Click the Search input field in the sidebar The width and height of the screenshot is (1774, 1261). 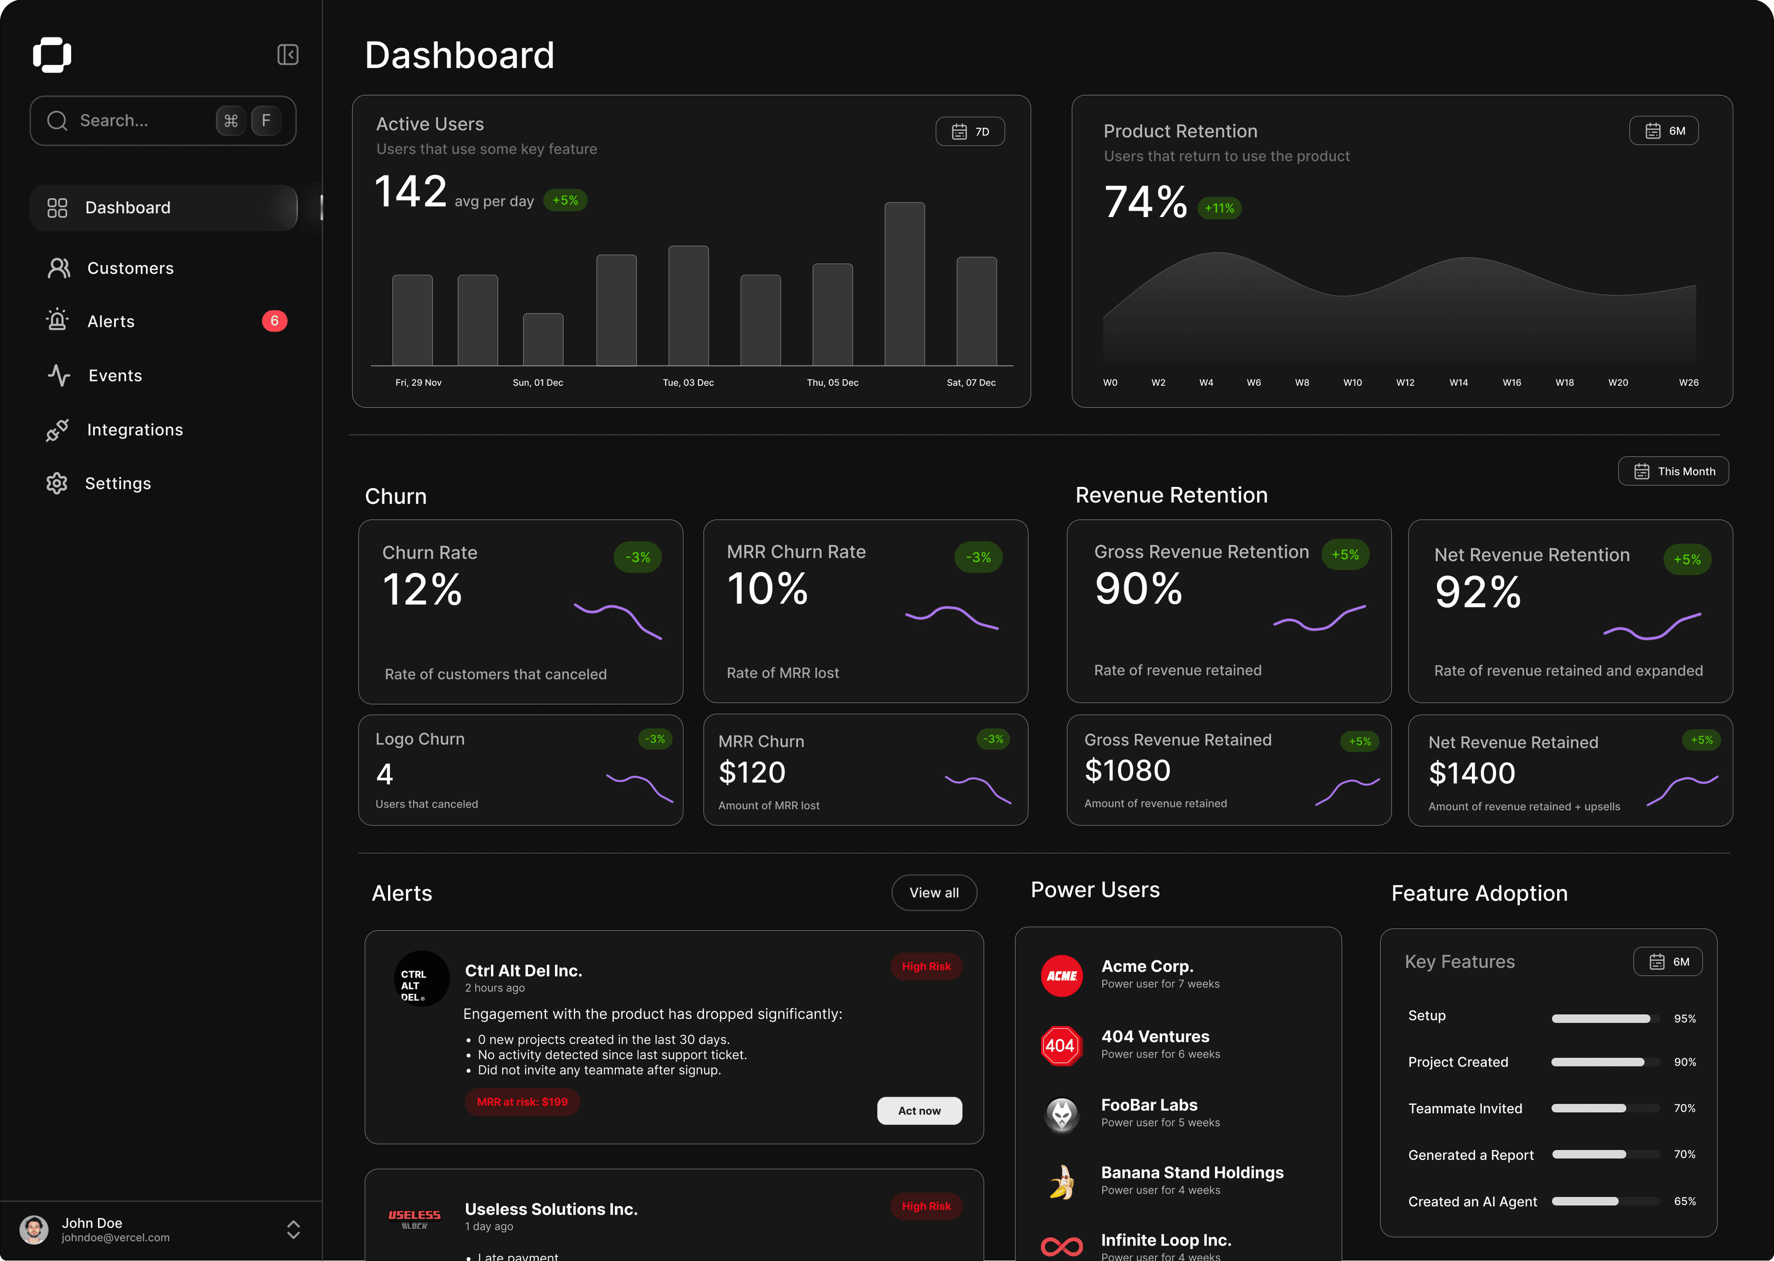pos(132,121)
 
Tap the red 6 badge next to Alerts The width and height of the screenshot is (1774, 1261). pos(274,321)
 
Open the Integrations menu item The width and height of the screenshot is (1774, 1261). pos(134,430)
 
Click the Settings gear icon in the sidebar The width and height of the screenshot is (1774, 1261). pos(57,484)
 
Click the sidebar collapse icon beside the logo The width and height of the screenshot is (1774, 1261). pos(288,55)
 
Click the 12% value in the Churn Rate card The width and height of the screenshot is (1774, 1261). pos(422,590)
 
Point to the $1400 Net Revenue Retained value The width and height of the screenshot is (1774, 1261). pos(1471,773)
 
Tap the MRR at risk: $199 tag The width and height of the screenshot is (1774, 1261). pos(522,1102)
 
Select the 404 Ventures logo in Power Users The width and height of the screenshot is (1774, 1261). pos(1061,1046)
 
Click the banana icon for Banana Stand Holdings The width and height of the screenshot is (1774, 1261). pos(1061,1182)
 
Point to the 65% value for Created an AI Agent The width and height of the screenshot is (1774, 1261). pos(1684,1201)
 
